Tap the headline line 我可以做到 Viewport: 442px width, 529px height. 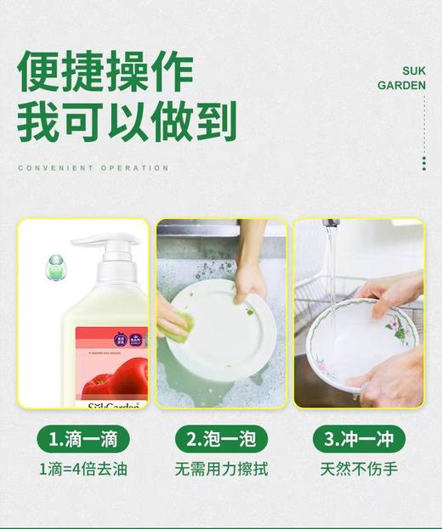pyautogui.click(x=127, y=121)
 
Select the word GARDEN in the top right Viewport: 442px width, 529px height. pyautogui.click(x=401, y=86)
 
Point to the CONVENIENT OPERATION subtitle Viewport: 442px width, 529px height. pyautogui.click(x=93, y=168)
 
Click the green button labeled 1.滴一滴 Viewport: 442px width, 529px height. pyautogui.click(x=82, y=438)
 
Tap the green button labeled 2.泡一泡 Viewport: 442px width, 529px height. pyautogui.click(x=220, y=438)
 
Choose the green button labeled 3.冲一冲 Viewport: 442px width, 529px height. pyautogui.click(x=359, y=438)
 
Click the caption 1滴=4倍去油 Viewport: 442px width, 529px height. pyautogui.click(x=82, y=469)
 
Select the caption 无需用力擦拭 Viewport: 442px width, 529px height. pyautogui.click(x=220, y=469)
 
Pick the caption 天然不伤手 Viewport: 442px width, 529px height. pyautogui.click(x=359, y=469)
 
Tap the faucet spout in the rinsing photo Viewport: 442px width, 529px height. pyautogui.click(x=331, y=224)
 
